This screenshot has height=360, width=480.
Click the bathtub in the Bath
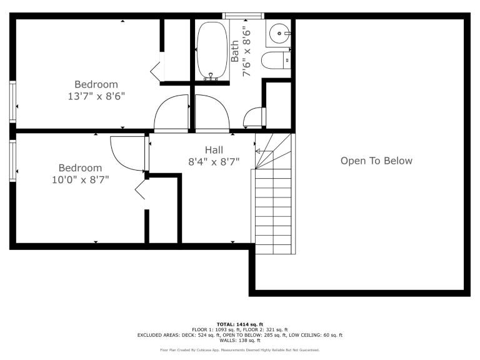(x=212, y=51)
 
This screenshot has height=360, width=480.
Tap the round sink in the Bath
(x=280, y=33)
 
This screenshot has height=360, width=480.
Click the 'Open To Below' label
(x=376, y=161)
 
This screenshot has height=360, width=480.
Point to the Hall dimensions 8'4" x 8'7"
(x=214, y=161)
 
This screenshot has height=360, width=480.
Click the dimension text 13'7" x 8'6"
(x=96, y=96)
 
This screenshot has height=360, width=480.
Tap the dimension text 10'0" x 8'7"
(x=80, y=179)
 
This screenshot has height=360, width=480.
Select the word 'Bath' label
(x=234, y=51)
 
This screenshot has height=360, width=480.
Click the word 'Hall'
(x=214, y=150)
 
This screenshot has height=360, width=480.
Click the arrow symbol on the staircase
(x=264, y=151)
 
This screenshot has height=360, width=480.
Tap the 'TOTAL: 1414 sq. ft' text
(x=240, y=324)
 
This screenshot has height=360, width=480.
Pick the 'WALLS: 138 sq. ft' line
(x=240, y=340)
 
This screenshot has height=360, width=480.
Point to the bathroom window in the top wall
(x=243, y=16)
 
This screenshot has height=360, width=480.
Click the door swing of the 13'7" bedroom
(x=171, y=113)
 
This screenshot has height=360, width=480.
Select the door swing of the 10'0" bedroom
(x=127, y=153)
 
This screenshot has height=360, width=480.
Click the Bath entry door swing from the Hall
(x=212, y=113)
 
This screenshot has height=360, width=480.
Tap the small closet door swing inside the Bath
(x=254, y=117)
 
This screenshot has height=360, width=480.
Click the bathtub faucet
(x=211, y=76)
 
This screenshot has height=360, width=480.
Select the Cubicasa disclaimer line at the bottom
(x=240, y=350)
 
